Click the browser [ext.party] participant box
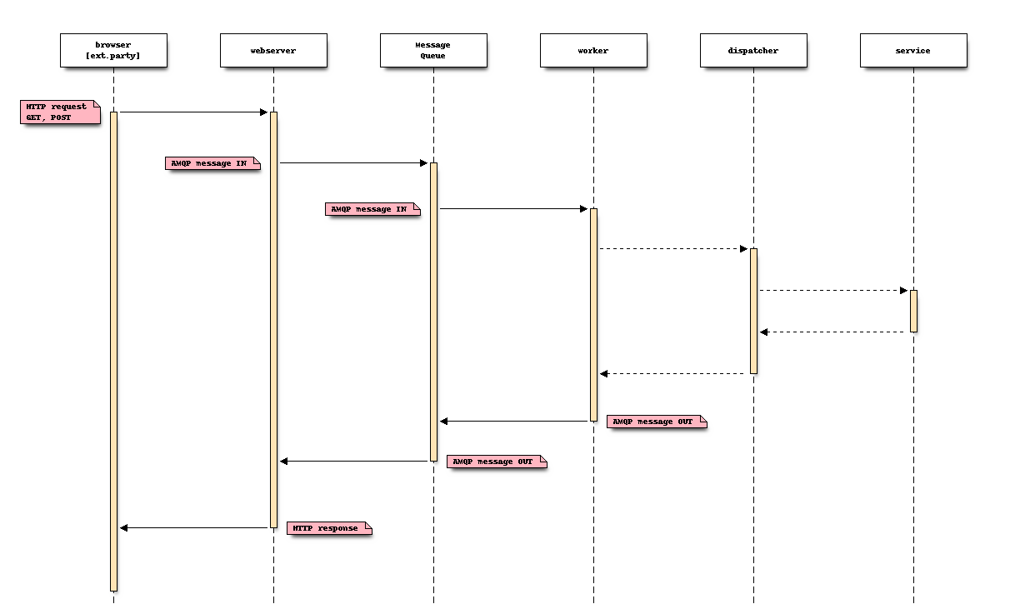pos(113,50)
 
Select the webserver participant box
pos(273,50)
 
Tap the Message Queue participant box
pos(433,50)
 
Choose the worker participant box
pos(593,50)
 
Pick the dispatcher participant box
pos(753,50)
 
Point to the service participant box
pos(913,50)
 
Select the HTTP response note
pos(328,528)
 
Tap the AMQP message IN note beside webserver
pos(212,163)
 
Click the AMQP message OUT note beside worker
pos(656,422)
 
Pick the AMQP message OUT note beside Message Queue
pos(496,462)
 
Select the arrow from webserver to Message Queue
pos(353,163)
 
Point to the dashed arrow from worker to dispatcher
pos(673,248)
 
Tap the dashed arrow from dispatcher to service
pos(833,290)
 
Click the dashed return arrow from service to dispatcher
pos(833,332)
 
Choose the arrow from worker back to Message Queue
pos(514,422)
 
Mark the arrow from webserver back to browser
pos(193,527)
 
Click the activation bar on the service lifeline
pos(913,311)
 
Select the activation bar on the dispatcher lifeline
pos(753,311)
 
